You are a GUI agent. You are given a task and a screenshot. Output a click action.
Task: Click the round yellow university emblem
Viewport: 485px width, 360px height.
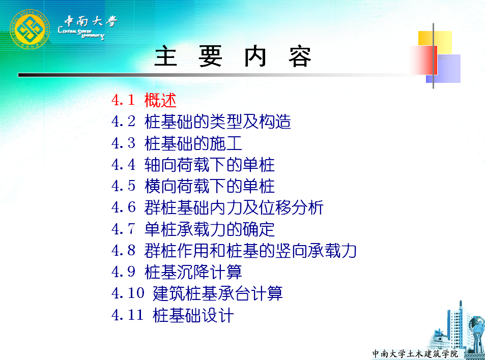click(30, 29)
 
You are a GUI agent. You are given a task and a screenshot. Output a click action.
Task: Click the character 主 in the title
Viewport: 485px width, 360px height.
click(166, 56)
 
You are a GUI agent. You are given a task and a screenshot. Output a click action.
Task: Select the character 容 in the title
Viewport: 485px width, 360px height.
click(300, 57)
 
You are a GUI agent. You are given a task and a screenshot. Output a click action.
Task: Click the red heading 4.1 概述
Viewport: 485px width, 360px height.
click(144, 100)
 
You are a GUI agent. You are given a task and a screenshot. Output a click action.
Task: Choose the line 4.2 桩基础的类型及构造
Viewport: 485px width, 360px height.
click(201, 122)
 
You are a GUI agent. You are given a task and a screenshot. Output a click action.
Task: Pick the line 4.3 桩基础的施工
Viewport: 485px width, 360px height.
click(177, 143)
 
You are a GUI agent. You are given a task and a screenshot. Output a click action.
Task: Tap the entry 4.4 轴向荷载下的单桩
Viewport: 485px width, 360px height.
click(193, 164)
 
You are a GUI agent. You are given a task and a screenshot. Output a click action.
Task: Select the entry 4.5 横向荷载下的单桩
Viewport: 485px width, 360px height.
click(193, 186)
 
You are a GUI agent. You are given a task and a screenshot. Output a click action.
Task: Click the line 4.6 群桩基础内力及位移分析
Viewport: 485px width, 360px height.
click(217, 207)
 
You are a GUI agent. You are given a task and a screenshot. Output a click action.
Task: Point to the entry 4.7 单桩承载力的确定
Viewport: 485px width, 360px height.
click(193, 229)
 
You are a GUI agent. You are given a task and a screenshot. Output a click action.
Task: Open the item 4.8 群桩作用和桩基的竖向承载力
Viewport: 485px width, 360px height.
click(234, 250)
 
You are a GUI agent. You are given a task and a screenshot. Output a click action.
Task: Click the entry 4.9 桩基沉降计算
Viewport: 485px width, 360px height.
click(177, 272)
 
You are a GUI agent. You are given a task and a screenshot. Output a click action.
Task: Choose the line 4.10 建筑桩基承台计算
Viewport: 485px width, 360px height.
click(197, 293)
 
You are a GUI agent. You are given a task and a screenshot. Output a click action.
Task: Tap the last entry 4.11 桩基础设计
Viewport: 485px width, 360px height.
click(173, 315)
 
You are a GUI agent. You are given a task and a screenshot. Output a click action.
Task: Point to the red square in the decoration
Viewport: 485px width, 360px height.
click(424, 61)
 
